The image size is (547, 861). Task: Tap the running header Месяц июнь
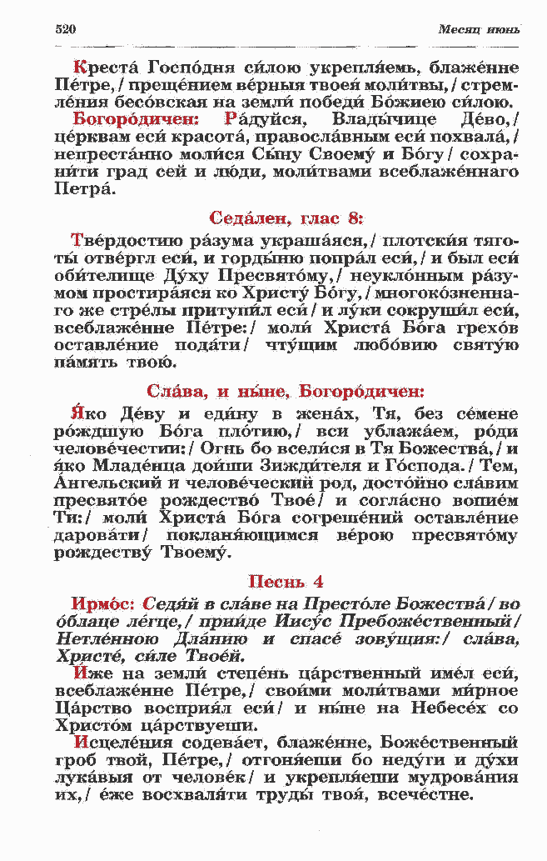tap(479, 30)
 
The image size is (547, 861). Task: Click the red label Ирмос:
tap(104, 603)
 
